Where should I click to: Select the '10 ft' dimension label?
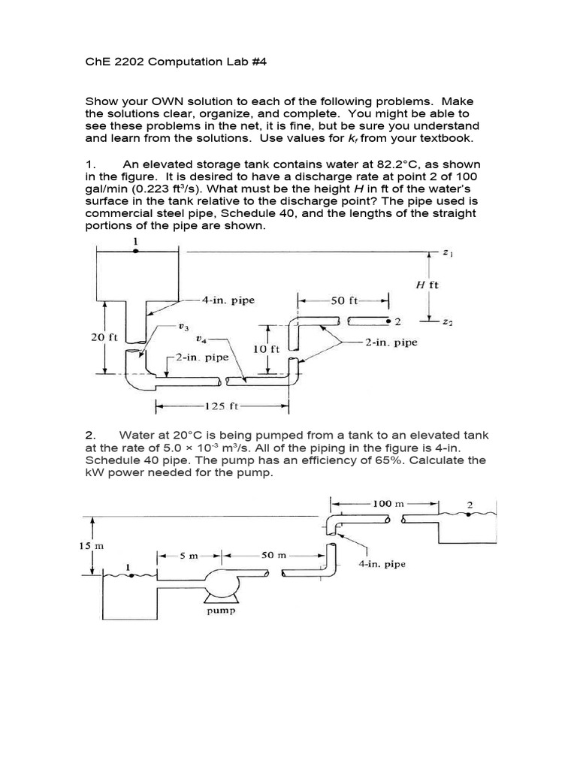tap(267, 348)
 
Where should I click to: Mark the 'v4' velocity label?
tap(200, 339)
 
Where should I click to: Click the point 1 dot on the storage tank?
tap(135, 252)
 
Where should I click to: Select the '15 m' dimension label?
tap(91, 547)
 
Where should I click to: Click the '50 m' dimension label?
tap(267, 556)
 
